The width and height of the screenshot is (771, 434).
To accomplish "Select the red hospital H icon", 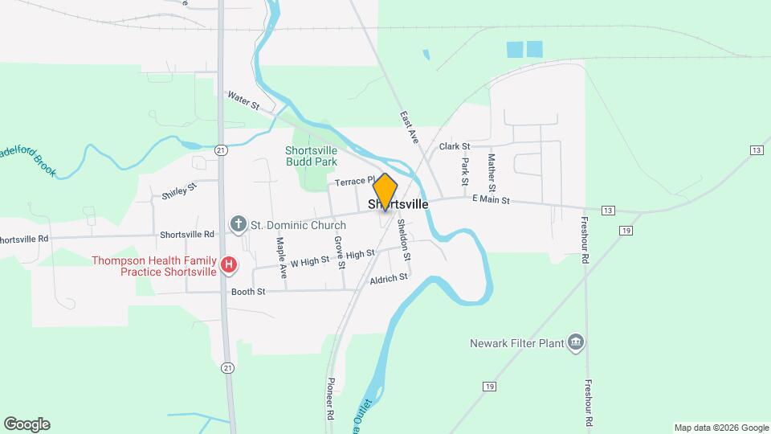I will click(229, 264).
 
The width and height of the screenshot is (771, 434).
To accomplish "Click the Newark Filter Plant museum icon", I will click(575, 343).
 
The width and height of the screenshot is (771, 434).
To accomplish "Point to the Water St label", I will click(243, 100).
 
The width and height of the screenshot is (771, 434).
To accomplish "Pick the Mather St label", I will click(492, 167).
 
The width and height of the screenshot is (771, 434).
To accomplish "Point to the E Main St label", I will click(491, 199).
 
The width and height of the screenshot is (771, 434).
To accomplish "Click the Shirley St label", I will click(179, 192).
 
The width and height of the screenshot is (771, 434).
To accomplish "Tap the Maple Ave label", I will click(282, 257).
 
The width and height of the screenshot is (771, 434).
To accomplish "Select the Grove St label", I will click(340, 252).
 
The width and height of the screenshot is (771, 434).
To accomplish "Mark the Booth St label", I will click(248, 292).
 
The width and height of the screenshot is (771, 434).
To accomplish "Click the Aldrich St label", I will click(389, 277).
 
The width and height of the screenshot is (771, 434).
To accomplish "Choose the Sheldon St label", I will click(406, 241).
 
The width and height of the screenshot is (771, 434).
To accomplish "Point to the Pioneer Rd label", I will click(330, 400).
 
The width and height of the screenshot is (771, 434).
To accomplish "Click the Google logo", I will click(27, 424).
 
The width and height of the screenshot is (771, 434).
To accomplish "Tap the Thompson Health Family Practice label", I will click(153, 266).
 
